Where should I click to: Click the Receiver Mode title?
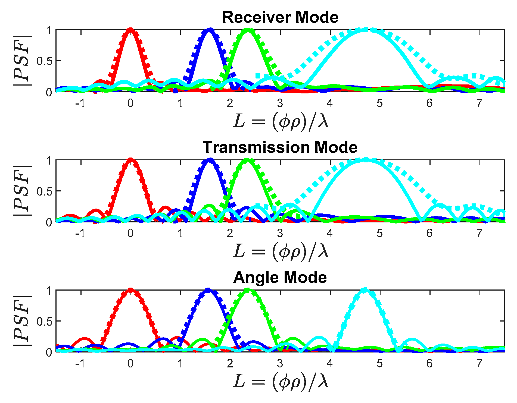tap(280, 17)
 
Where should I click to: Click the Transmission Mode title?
tap(280, 147)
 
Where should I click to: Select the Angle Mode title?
tap(280, 277)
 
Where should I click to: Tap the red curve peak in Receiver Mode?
tap(130, 30)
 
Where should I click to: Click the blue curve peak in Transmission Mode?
tap(210, 160)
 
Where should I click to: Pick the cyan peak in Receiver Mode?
tap(366, 30)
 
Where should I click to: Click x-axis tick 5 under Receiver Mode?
tap(379, 103)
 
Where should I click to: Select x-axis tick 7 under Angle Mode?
tap(479, 363)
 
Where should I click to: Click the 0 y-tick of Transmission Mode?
tap(49, 222)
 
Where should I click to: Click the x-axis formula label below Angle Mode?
tap(281, 381)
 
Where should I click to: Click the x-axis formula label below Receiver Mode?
tap(281, 121)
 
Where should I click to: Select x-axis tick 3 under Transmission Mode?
tap(280, 233)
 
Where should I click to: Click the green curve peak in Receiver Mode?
tap(248, 30)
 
